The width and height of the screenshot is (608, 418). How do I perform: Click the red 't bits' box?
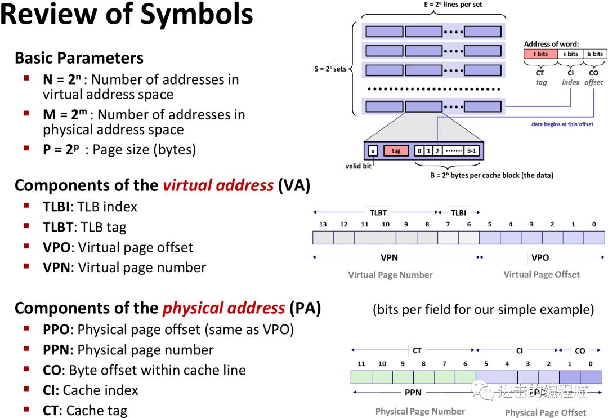540,54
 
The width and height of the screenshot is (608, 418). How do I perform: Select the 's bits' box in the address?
570,54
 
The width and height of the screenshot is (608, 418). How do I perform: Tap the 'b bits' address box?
594,54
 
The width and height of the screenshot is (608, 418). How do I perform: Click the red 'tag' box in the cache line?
396,151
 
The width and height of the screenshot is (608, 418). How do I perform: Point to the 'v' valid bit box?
373,151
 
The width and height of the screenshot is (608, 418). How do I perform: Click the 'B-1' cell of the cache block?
472,151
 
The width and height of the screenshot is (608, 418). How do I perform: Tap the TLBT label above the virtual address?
378,213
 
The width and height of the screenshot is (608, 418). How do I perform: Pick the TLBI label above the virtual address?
458,213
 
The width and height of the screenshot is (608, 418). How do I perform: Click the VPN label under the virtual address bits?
389,257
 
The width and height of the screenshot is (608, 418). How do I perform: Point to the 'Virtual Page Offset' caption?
541,274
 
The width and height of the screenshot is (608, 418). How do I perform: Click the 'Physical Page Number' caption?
420,411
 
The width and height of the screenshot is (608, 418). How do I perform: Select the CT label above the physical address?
417,350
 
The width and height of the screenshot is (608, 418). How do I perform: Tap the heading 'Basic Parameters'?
79,58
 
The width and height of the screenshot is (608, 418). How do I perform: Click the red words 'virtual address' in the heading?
218,185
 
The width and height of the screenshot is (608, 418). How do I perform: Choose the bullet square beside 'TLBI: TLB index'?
26,206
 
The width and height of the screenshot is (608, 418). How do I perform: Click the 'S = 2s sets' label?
330,69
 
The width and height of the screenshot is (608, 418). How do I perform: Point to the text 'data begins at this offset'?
562,124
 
